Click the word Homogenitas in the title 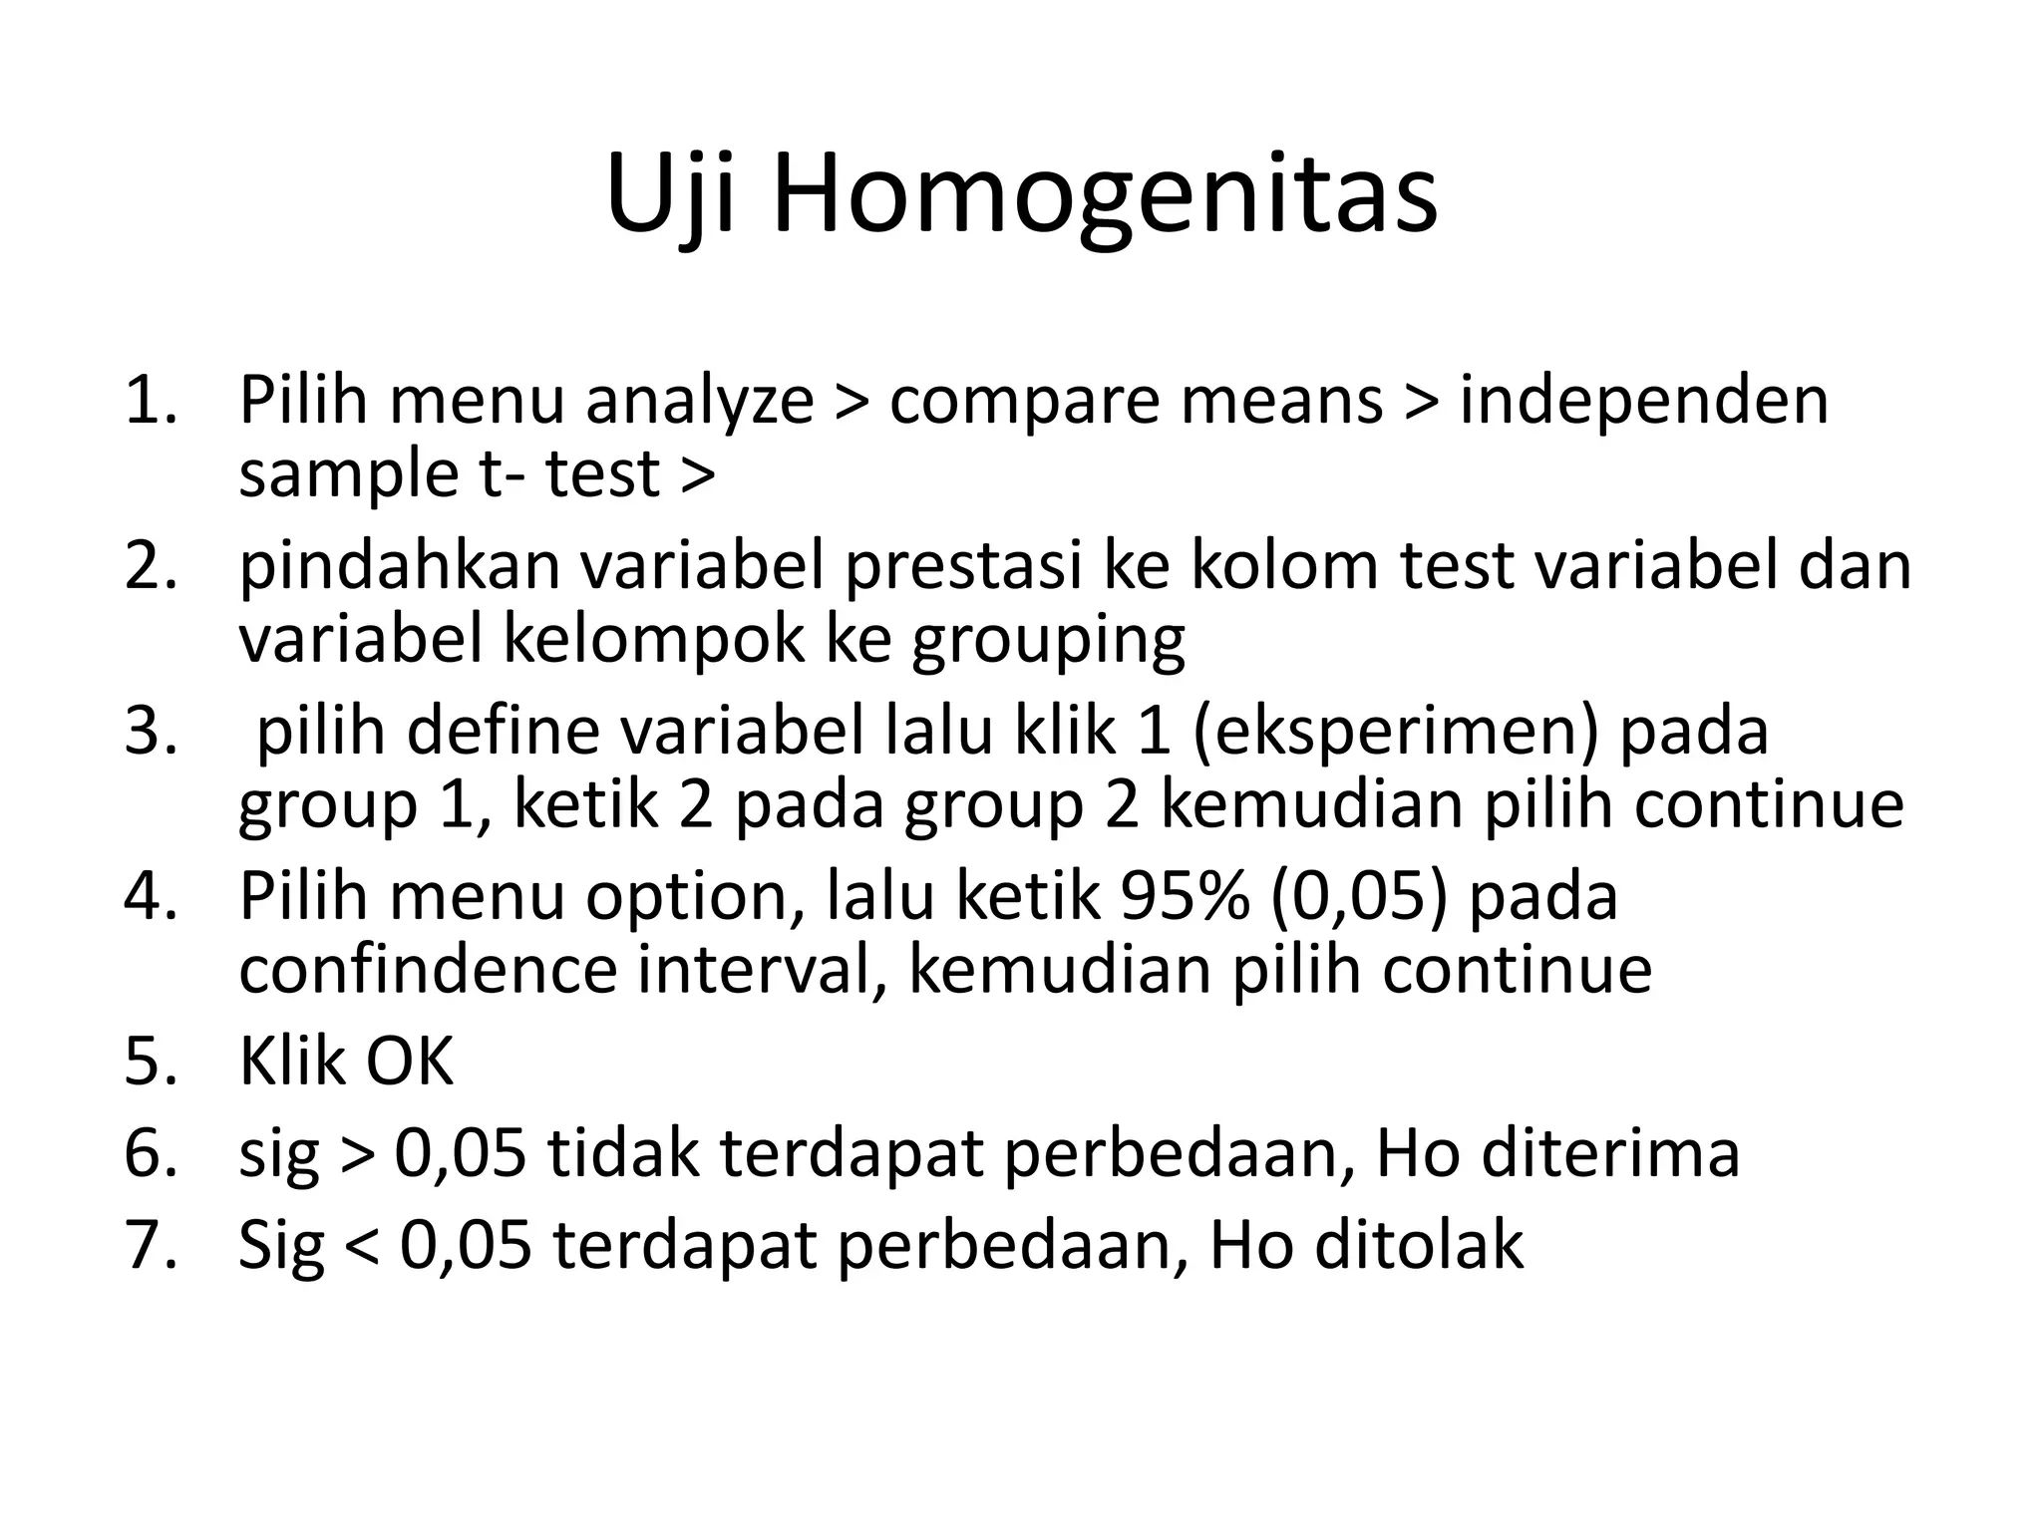point(1104,195)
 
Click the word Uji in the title point(670,195)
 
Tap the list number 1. point(150,401)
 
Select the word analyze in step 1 point(699,401)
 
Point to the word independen point(1643,401)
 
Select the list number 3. point(150,731)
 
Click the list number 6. point(150,1153)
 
